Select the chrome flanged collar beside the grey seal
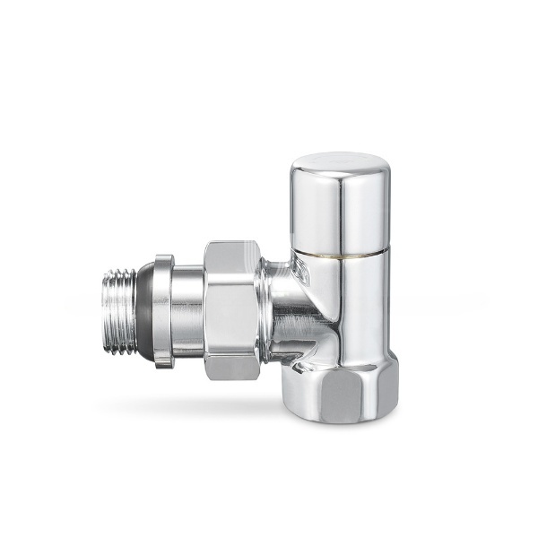(161, 309)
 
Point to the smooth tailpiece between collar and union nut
(187, 309)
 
